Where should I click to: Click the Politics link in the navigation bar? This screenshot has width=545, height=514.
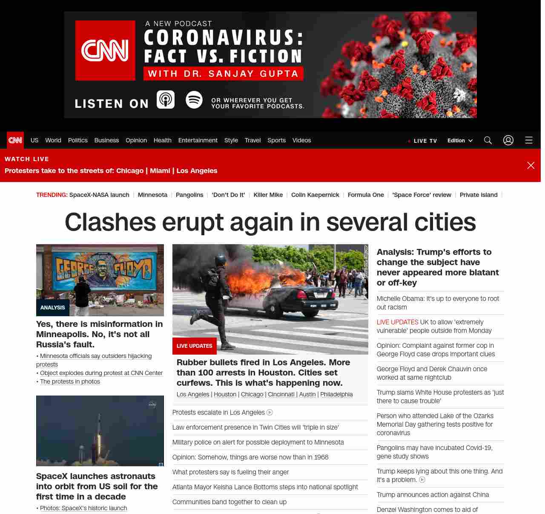[77, 140]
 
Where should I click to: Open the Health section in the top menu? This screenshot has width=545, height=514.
[162, 140]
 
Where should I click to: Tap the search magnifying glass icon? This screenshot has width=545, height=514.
[488, 140]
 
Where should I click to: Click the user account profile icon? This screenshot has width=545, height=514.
[508, 140]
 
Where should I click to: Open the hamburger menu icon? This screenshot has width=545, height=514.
[529, 140]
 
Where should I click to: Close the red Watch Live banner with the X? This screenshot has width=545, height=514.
[531, 165]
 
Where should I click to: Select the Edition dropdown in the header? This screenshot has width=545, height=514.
[460, 141]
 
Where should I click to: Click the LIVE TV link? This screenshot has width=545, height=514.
[422, 141]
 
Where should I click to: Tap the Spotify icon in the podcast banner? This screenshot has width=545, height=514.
[194, 100]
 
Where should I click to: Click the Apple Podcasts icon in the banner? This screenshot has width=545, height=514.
[166, 100]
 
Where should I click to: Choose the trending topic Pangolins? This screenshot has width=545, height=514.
[189, 195]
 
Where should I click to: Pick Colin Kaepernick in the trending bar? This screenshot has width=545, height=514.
[315, 195]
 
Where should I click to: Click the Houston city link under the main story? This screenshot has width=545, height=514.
[225, 394]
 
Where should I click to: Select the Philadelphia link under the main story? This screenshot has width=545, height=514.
[336, 394]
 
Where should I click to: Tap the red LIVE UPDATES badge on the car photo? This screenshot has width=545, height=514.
[194, 346]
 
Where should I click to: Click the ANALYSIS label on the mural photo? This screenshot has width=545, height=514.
[52, 307]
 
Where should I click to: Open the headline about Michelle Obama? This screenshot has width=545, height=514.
[438, 303]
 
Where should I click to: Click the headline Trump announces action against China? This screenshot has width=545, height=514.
[433, 494]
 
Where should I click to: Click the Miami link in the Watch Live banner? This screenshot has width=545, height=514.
[160, 170]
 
